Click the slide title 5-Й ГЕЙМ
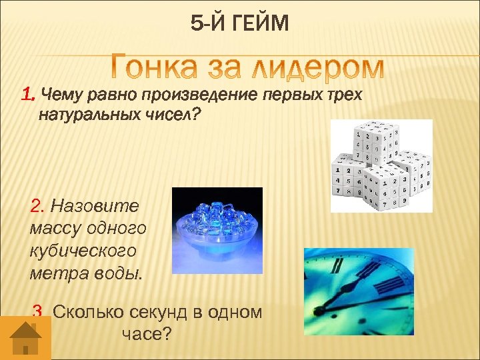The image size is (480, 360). tap(240, 25)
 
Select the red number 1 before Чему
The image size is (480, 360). tap(27, 95)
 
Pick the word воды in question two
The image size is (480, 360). tap(119, 273)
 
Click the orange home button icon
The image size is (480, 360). tap(25, 337)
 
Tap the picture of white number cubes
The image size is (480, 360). tap(381, 165)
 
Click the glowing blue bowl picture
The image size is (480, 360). tap(217, 230)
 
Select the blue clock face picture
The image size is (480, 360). tap(359, 291)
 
